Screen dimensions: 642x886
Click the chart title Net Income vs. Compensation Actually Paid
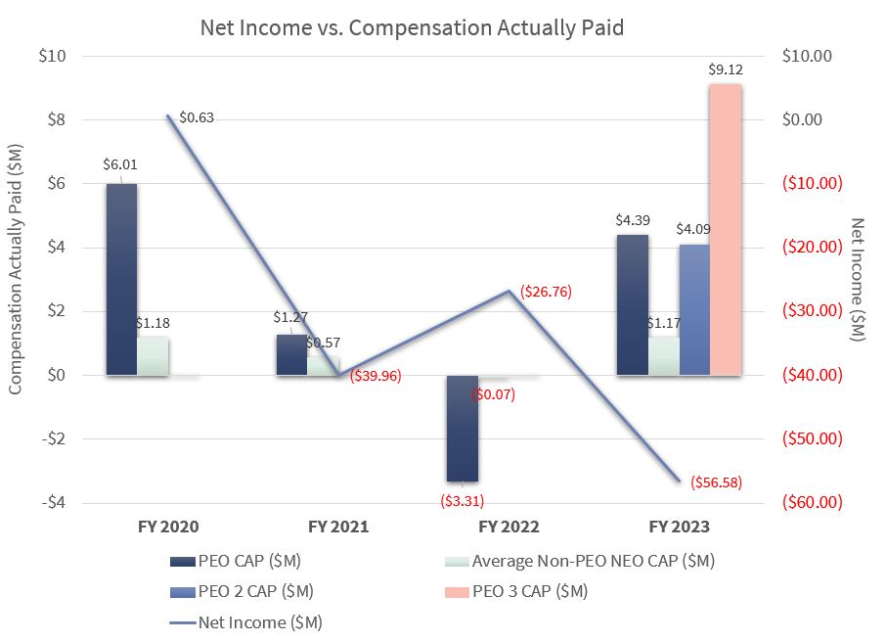pos(412,26)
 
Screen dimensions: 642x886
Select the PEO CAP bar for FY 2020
pos(121,279)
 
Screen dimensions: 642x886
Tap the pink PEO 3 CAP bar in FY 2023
pos(725,229)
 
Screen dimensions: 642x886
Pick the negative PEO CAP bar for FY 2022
pos(463,428)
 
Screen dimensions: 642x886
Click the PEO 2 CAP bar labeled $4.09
pos(693,309)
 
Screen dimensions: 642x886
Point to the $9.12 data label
pos(726,70)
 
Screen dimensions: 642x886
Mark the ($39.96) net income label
pos(375,376)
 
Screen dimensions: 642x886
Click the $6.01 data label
pos(119,163)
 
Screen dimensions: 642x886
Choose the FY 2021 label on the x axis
pos(338,527)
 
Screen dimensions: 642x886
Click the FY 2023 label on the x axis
pos(679,527)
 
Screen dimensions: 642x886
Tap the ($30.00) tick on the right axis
pos(813,311)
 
